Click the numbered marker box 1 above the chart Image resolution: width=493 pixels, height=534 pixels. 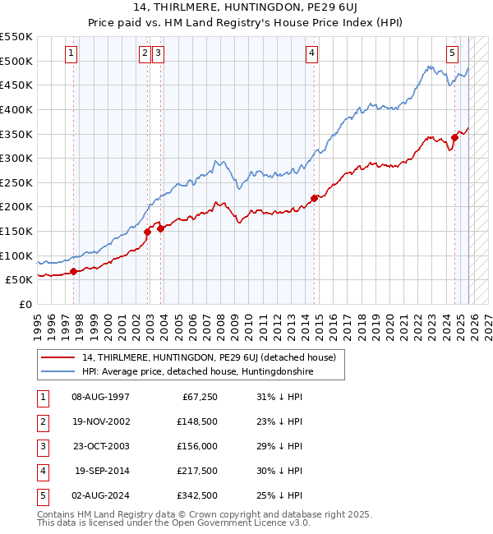[x=72, y=54]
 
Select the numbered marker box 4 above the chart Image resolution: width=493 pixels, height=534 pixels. [x=312, y=54]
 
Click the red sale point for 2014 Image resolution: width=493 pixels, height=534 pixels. [x=314, y=198]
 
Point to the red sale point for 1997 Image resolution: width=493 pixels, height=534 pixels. [x=73, y=271]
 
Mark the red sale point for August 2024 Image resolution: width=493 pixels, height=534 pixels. [x=454, y=137]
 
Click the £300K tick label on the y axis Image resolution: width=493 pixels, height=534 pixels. [x=16, y=158]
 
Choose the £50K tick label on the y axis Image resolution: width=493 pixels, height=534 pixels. [x=18, y=280]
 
